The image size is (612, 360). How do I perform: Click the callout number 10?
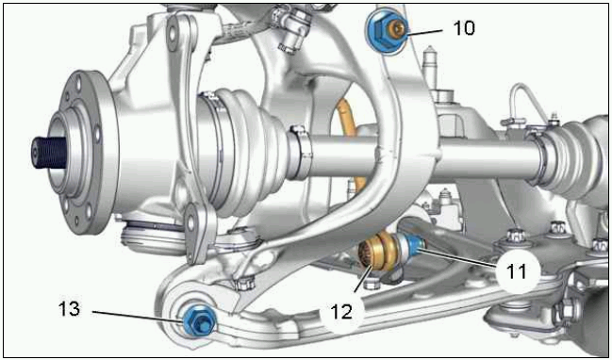[x=464, y=28]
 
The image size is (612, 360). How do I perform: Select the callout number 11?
[x=516, y=270]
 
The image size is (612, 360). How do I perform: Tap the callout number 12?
[x=342, y=312]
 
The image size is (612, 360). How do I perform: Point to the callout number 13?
[x=70, y=309]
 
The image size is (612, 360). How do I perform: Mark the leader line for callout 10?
[x=424, y=32]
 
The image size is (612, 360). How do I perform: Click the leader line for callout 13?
[x=137, y=316]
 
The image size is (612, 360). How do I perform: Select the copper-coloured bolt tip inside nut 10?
[x=396, y=29]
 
